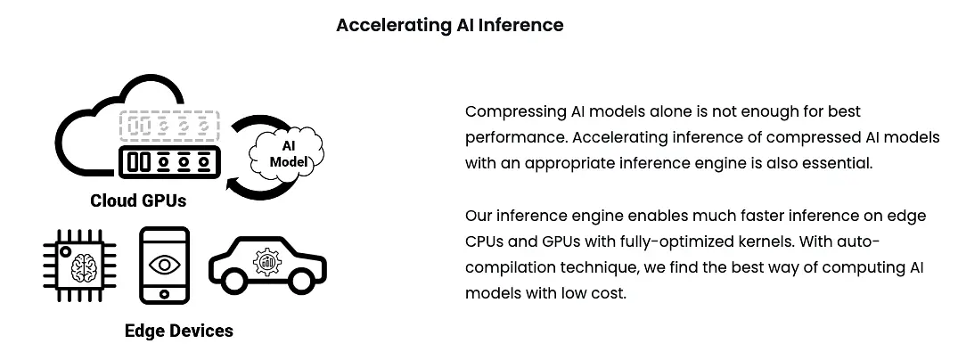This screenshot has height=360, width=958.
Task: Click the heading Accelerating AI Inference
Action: pos(450,25)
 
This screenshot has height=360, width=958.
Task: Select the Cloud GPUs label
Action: pos(138,200)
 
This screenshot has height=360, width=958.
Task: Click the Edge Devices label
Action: pos(179,331)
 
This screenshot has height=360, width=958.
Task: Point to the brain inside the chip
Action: pos(85,267)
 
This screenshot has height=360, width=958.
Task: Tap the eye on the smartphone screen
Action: pos(164,264)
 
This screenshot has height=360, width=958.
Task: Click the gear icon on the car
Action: pos(267,262)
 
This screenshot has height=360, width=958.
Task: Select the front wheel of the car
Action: pos(300,280)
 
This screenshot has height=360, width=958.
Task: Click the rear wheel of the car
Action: pos(234,280)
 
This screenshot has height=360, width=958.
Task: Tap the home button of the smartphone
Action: pos(164,294)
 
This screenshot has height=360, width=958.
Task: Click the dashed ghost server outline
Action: pos(168,127)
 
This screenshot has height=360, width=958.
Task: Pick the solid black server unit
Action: pos(169,162)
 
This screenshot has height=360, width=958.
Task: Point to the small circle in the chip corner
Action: pos(65,251)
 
